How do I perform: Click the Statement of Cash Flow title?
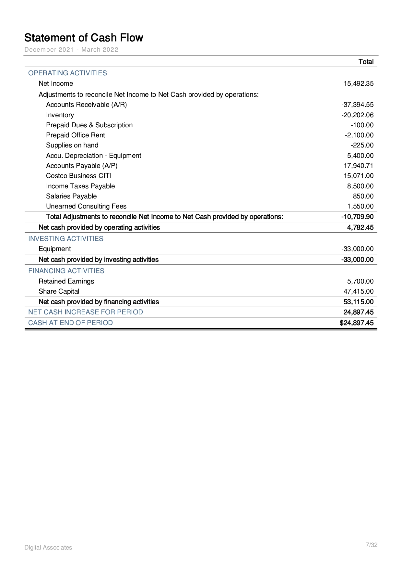click(84, 38)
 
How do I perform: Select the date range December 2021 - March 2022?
click(71, 50)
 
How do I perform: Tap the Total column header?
click(366, 62)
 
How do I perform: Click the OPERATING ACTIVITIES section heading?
click(67, 73)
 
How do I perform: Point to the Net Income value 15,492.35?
click(359, 83)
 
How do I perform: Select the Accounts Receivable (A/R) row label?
click(86, 105)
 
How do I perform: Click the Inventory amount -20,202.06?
click(357, 115)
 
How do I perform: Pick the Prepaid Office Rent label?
click(76, 135)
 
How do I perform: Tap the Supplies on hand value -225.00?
click(362, 145)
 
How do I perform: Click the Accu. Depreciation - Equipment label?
click(93, 156)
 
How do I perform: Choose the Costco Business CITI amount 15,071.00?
click(359, 176)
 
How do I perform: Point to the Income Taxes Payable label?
click(80, 186)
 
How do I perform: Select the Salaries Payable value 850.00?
click(363, 196)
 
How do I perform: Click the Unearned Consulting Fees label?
click(86, 206)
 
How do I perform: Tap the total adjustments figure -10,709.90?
click(357, 217)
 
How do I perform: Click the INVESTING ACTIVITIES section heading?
click(66, 239)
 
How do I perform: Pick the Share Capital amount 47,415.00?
click(359, 291)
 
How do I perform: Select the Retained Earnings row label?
click(66, 281)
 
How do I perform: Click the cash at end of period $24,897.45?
click(357, 323)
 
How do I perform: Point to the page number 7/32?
click(372, 545)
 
